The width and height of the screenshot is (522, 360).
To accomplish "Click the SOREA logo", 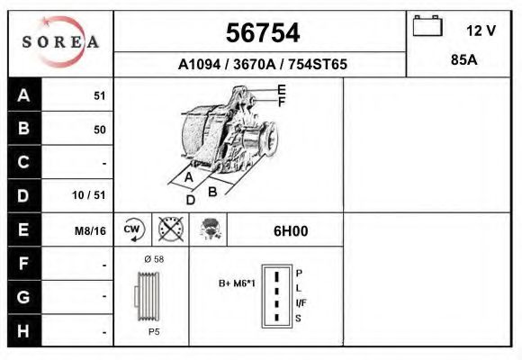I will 60,42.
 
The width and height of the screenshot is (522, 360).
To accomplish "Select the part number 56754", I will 262,33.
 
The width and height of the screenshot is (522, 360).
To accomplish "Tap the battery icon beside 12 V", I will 426,27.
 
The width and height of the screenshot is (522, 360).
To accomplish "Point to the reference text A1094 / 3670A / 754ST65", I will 262,65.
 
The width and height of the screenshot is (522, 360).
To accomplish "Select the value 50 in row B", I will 99,130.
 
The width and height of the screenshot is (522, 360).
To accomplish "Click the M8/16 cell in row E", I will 90,230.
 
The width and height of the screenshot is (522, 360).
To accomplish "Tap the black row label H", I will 24,330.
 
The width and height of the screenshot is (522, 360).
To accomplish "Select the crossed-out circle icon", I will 170,230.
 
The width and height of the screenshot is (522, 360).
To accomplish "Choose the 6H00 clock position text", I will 291,231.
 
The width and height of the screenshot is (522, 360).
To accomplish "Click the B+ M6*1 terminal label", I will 237,283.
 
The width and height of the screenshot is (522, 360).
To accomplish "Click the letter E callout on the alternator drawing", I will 282,89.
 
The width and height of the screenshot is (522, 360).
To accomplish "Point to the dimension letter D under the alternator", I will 191,200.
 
